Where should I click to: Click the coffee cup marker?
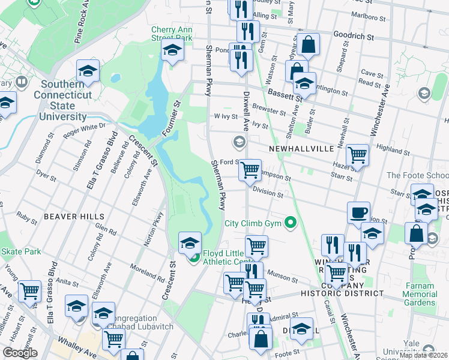(x=359, y=213)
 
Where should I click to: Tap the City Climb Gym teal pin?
(x=291, y=223)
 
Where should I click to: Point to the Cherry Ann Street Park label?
(x=172, y=33)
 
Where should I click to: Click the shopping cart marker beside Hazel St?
(x=358, y=155)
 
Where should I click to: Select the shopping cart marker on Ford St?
(x=250, y=170)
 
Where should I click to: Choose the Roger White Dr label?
(x=85, y=128)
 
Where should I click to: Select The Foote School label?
(x=418, y=175)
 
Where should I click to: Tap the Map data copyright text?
(x=423, y=355)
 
